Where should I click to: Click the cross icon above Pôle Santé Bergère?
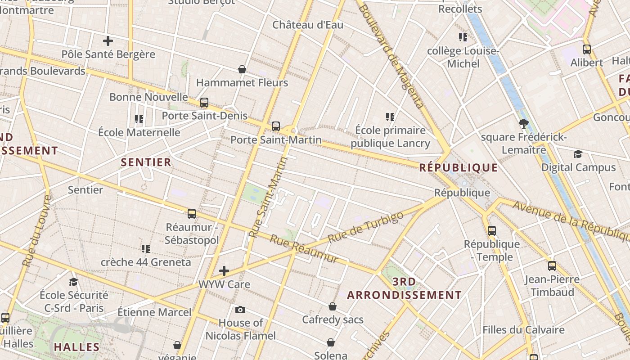[108, 41]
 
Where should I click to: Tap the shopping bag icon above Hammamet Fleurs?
[242, 69]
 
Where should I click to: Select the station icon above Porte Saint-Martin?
[276, 126]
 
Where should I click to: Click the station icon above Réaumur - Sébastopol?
[192, 213]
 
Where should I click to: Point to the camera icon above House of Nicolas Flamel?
[240, 310]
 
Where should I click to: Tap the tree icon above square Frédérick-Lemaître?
[523, 123]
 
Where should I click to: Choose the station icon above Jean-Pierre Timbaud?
[552, 265]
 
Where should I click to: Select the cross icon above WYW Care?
[224, 271]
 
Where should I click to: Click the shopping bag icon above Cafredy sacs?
[333, 306]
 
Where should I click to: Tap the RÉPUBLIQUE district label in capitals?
[459, 168]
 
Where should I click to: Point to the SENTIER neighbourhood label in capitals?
[146, 162]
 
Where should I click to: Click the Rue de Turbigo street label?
[365, 227]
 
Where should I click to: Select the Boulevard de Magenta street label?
[391, 56]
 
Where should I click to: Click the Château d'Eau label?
[308, 25]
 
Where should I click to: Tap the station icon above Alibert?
[587, 49]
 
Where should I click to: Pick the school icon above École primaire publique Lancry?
[390, 117]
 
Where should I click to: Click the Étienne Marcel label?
[154, 312]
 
